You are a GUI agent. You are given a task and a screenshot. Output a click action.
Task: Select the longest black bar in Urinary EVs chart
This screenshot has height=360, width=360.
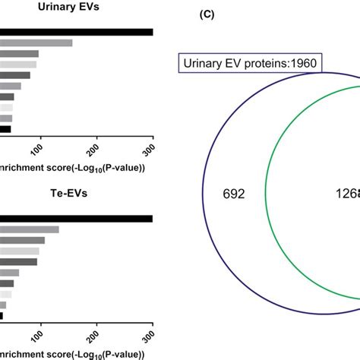point(76,32)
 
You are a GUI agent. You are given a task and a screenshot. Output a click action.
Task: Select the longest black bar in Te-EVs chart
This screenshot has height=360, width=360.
point(76,219)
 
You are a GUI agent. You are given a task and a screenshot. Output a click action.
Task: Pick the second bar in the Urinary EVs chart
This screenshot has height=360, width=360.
point(36,43)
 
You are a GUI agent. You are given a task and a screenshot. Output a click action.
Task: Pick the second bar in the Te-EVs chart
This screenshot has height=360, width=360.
point(30,229)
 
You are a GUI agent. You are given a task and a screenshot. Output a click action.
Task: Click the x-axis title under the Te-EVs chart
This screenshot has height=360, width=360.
point(73,353)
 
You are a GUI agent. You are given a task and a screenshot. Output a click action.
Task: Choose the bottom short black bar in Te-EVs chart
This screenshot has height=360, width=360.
point(2,315)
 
